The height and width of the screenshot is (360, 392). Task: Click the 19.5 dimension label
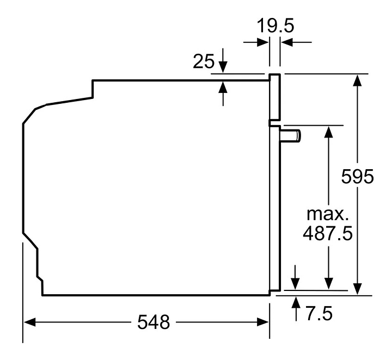[275, 27]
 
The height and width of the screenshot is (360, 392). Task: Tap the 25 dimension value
[204, 61]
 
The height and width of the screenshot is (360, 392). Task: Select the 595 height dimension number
[357, 177]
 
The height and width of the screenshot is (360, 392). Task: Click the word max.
[327, 213]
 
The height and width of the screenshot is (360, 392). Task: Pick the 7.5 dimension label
[318, 313]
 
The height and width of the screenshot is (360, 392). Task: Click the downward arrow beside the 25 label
[223, 65]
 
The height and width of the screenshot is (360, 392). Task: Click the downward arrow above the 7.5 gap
[296, 283]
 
